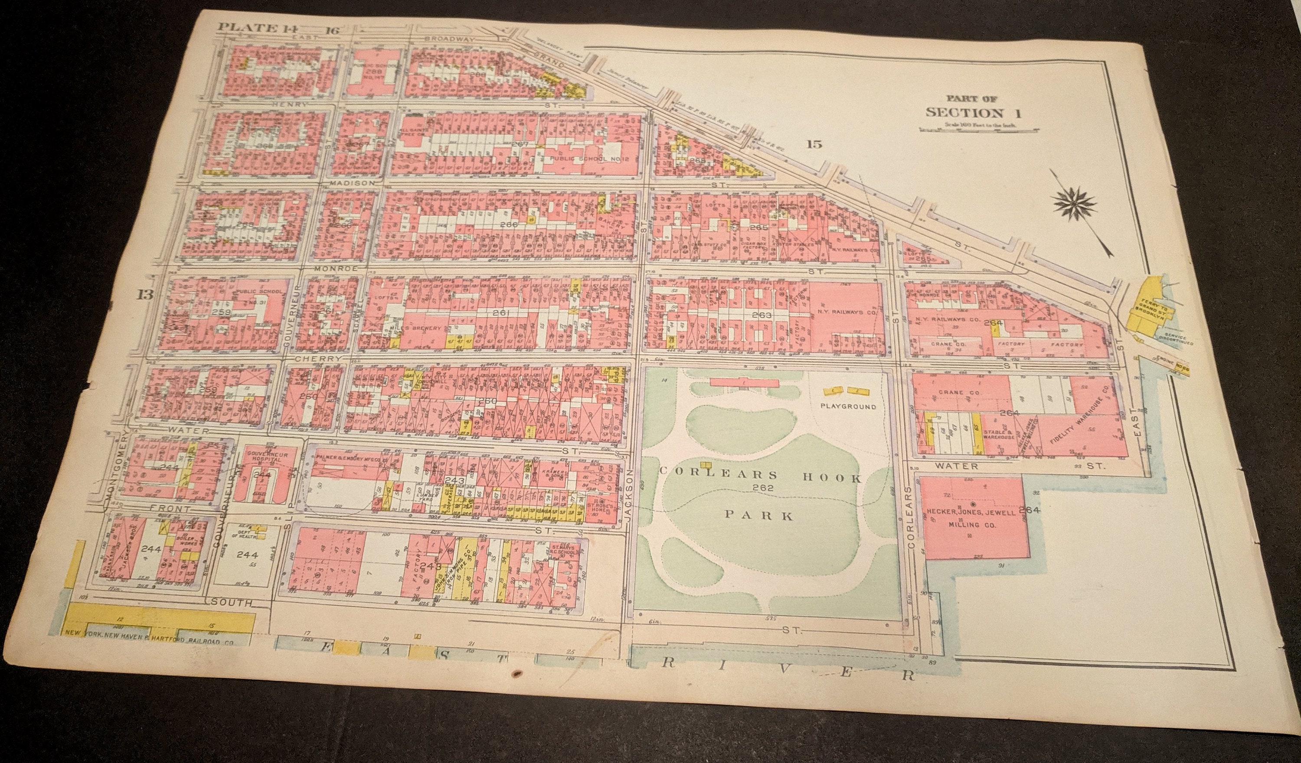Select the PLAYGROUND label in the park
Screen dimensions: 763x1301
[x=848, y=406]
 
